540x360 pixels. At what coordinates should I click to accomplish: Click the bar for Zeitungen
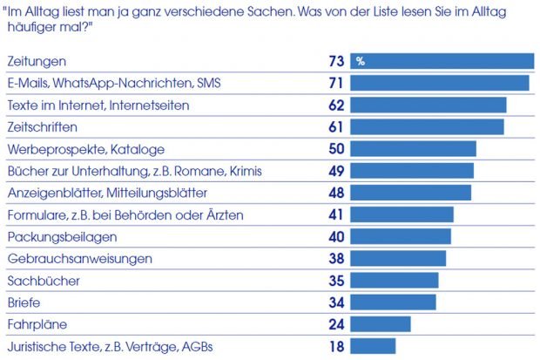tap(442, 60)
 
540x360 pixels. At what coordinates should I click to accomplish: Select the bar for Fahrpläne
tap(380, 324)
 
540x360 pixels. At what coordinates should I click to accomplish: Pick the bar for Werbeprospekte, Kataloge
tap(413, 148)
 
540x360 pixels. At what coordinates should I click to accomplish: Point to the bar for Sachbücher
tap(394, 280)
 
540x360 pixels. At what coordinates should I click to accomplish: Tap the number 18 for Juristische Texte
tap(336, 346)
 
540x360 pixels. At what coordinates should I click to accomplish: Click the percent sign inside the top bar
tap(359, 61)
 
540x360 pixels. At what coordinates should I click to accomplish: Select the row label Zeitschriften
tap(41, 127)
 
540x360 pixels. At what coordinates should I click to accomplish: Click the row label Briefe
tap(24, 302)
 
